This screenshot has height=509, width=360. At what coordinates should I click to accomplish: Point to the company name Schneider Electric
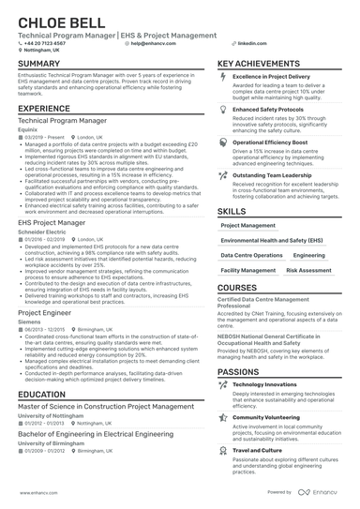click(x=42, y=232)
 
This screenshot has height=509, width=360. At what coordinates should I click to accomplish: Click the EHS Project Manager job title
click(x=53, y=223)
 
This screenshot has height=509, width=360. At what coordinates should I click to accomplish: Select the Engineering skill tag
click(x=309, y=255)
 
